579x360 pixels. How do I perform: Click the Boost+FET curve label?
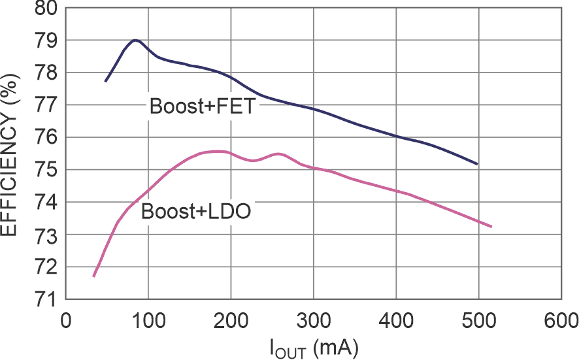tap(201, 106)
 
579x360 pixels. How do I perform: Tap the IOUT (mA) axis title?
tap(314, 347)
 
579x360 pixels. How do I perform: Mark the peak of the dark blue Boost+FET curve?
tap(135, 40)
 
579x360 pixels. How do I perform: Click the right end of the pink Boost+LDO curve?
tap(490, 227)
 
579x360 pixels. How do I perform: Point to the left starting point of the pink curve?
tap(94, 276)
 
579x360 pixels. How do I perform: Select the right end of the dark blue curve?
tap(477, 164)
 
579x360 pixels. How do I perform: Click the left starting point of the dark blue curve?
tap(105, 82)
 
